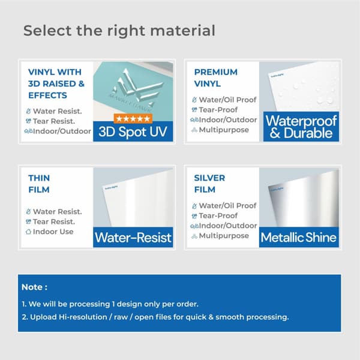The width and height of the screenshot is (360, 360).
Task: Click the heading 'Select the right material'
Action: click(x=119, y=31)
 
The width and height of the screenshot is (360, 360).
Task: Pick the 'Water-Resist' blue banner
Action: click(x=133, y=238)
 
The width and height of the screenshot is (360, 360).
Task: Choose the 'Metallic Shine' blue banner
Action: click(x=299, y=238)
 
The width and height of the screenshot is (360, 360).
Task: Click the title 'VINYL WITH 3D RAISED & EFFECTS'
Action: click(x=56, y=83)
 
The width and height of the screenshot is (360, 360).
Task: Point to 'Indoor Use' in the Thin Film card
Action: click(x=53, y=232)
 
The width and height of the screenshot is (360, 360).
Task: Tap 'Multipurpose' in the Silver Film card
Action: click(x=224, y=236)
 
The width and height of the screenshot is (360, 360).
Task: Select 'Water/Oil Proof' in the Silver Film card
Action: click(x=227, y=205)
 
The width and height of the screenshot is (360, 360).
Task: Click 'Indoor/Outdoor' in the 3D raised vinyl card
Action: click(x=62, y=131)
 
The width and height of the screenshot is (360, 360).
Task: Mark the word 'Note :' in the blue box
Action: click(x=34, y=287)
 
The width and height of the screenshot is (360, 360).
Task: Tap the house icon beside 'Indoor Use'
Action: click(x=28, y=232)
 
